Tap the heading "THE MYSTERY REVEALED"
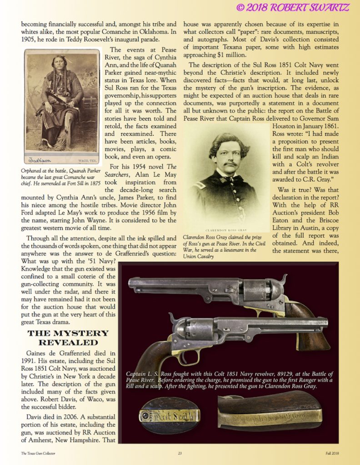pyautogui.click(x=68, y=337)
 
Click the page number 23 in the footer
pyautogui.click(x=180, y=453)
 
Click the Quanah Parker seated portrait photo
pyautogui.click(x=62, y=106)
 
